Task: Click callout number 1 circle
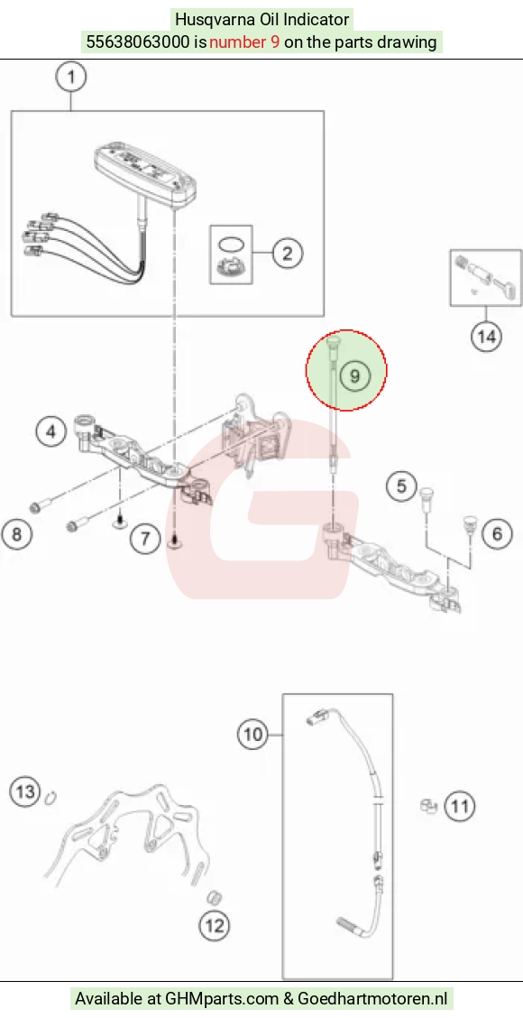[x=71, y=78]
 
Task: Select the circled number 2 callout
[x=288, y=252]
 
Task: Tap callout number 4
[x=52, y=430]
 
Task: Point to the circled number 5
[x=401, y=486]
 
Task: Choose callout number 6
[x=496, y=533]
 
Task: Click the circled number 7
[x=144, y=538]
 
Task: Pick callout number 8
[x=16, y=533]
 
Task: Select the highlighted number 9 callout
[x=354, y=376]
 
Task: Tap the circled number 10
[x=252, y=735]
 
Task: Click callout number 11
[x=459, y=806]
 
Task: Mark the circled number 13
[x=25, y=791]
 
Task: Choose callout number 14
[x=486, y=337]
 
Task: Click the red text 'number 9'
[x=244, y=42]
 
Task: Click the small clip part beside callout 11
[x=427, y=806]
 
